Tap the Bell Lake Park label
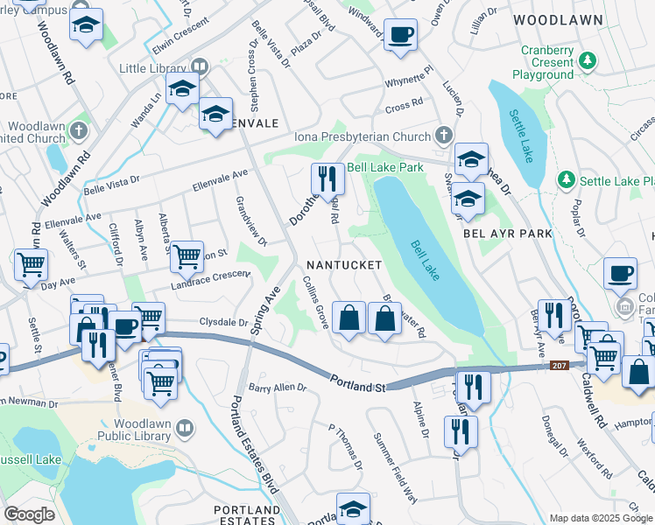tap(385, 166)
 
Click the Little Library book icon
tap(200, 66)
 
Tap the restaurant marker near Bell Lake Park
tap(328, 179)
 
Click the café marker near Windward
tap(400, 35)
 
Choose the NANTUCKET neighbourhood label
tap(343, 264)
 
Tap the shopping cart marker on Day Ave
tap(30, 263)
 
